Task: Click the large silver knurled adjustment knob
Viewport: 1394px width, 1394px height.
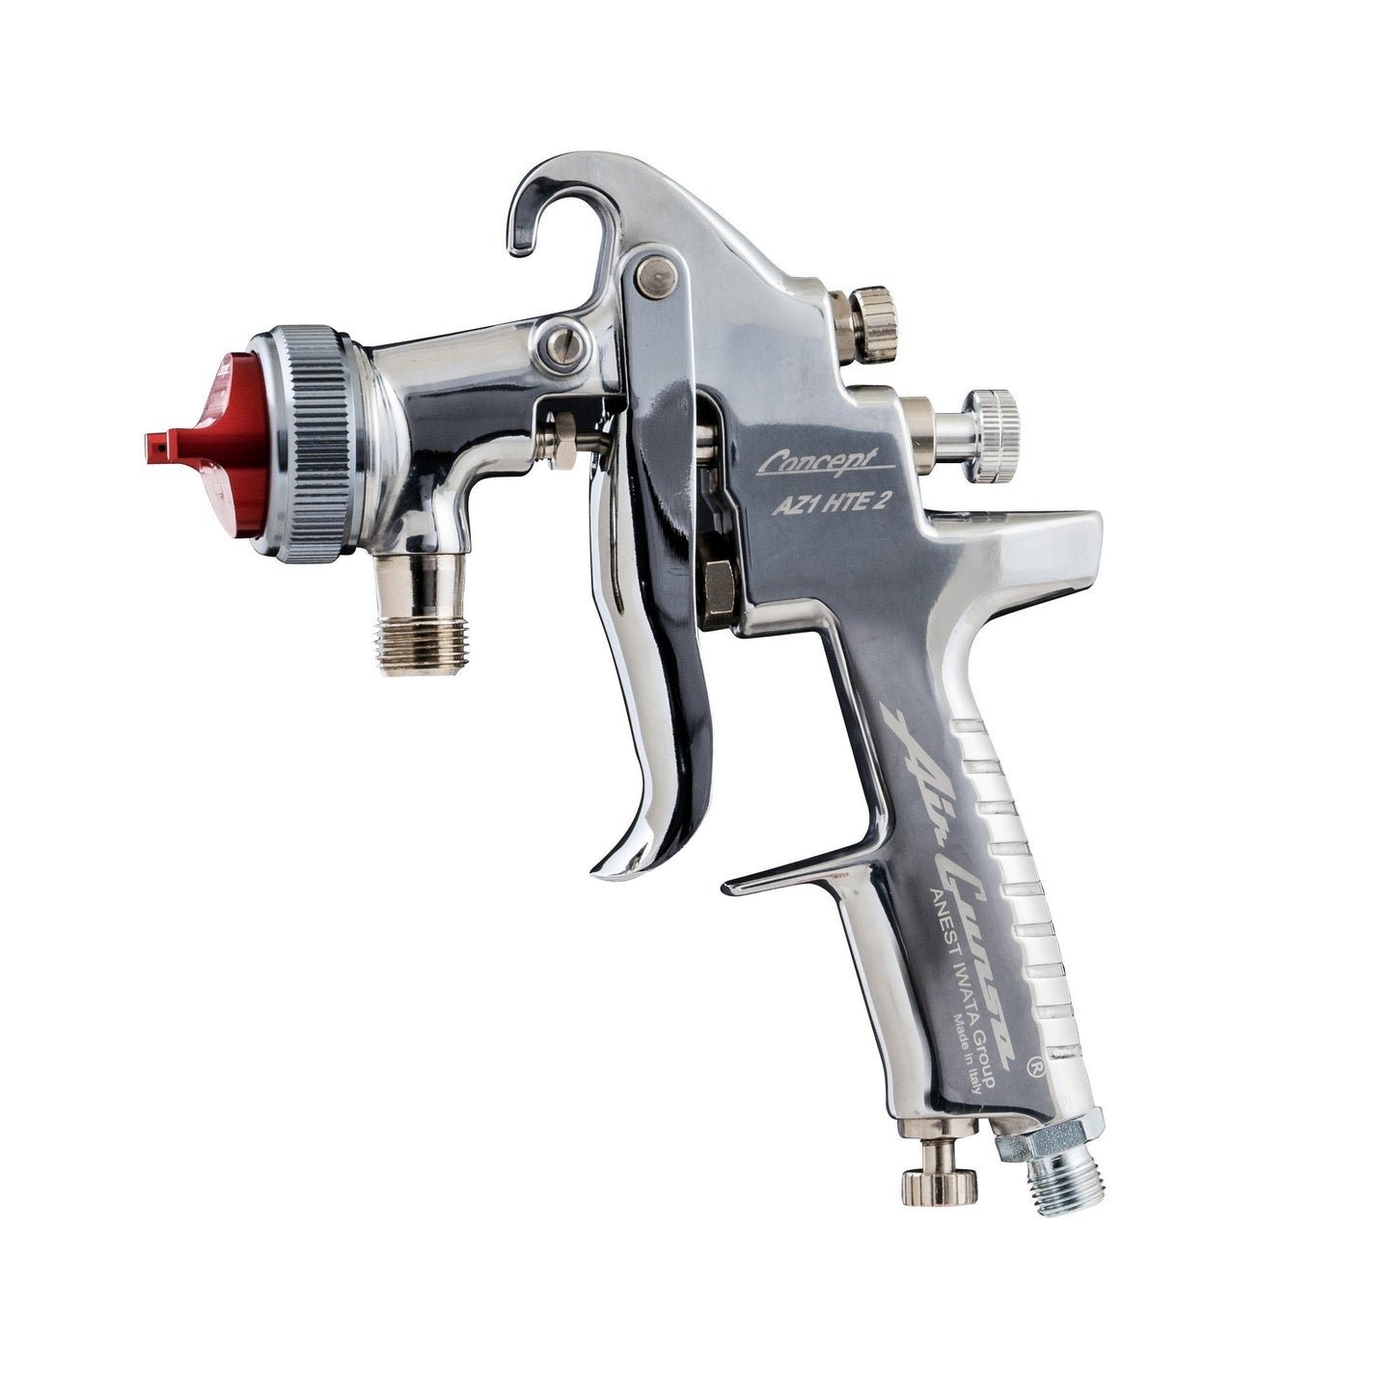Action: [x=994, y=423]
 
